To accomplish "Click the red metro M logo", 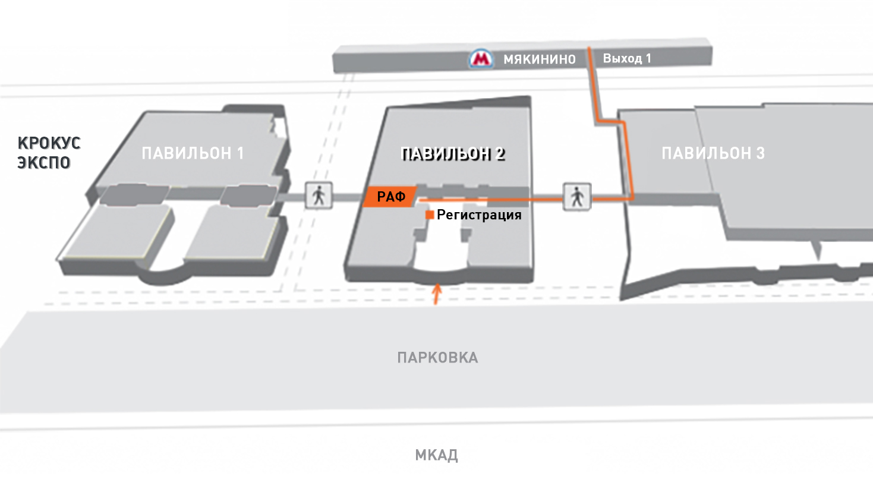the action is coord(481,59).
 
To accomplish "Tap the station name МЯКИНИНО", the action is coord(540,59).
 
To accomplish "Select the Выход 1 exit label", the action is coord(627,58).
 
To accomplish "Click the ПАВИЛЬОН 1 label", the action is coord(193,153).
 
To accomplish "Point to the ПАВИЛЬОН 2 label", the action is coord(453,154).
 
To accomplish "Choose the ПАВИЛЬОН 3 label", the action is coord(713,153).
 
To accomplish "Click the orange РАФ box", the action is coord(390,197).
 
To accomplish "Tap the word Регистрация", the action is coord(479,215).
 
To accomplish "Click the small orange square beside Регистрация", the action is coord(430,215).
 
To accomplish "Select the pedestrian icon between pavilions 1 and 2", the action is coord(319,196).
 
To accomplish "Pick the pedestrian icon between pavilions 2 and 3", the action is coord(577,197).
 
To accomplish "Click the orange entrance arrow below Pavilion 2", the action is coord(437,294).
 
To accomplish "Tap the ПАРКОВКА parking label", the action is coord(437,358).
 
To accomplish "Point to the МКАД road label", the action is coord(436,455).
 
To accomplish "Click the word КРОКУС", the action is coord(49,143).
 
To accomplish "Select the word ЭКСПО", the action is coord(43,163).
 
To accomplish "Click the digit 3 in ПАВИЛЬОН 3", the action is coord(760,153).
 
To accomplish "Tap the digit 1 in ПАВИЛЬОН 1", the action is coord(241,153).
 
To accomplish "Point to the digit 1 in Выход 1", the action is coord(648,58).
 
